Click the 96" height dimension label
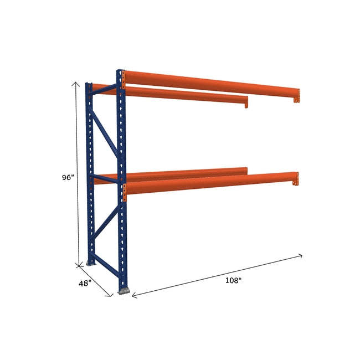pyautogui.click(x=68, y=178)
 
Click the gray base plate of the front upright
pyautogui.click(x=125, y=290)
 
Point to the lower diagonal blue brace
pyautogui.click(x=105, y=226)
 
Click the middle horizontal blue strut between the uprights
pyautogui.click(x=104, y=178)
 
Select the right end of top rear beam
pyautogui.click(x=246, y=102)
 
